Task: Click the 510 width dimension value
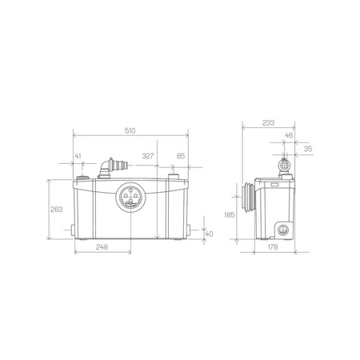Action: click(130, 130)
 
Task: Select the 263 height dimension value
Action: click(57, 210)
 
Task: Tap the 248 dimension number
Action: click(102, 247)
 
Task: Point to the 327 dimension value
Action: click(148, 156)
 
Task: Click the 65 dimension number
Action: click(181, 156)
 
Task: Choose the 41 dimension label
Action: click(78, 156)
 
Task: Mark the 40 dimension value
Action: click(210, 234)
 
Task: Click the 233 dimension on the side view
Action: click(268, 122)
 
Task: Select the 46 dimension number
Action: click(289, 135)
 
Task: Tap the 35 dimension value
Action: click(308, 149)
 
